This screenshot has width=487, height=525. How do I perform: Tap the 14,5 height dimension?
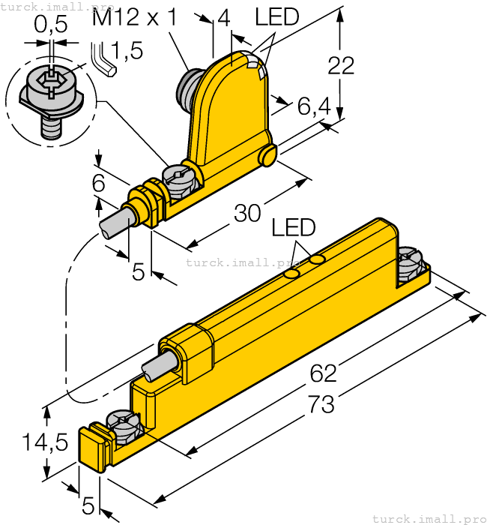point(44,442)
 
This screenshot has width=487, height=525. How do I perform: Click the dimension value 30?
point(248,213)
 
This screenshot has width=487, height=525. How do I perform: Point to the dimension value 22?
point(341,66)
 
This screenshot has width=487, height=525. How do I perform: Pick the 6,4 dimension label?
point(314,109)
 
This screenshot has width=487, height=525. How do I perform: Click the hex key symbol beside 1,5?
point(101,58)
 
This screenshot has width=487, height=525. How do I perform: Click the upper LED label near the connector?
point(276,16)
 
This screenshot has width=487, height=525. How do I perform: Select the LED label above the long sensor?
point(293,227)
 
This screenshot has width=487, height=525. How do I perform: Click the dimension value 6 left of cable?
point(98,182)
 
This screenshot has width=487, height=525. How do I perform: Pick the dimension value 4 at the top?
point(223,19)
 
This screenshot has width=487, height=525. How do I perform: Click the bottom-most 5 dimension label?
point(88,506)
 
